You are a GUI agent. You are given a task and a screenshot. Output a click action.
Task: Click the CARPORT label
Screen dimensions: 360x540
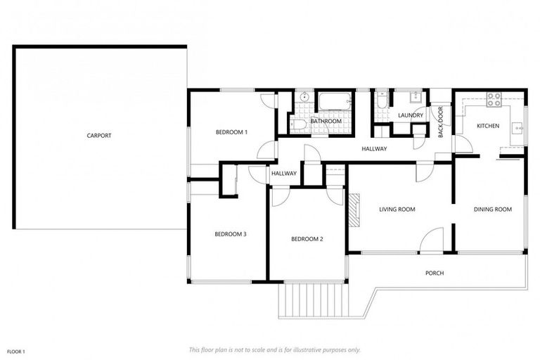click(x=99, y=136)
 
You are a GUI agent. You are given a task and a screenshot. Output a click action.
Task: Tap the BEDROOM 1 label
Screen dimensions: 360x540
click(x=231, y=132)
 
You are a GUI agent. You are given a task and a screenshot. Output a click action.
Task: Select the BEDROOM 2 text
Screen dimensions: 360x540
click(x=307, y=239)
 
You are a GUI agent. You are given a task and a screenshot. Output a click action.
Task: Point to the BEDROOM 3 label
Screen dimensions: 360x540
click(x=230, y=234)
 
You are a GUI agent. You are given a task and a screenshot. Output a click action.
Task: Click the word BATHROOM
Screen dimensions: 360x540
click(x=326, y=122)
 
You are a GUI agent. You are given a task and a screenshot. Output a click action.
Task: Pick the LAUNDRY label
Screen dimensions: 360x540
click(x=410, y=115)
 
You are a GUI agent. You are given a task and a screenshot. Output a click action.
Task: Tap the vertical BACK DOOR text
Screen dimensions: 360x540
click(x=441, y=121)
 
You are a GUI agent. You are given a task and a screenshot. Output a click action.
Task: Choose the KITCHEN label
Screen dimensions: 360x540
click(x=488, y=126)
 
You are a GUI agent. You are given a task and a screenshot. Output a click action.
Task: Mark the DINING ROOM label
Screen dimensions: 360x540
click(x=492, y=209)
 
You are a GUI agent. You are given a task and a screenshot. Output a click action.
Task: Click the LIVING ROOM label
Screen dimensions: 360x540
click(x=397, y=209)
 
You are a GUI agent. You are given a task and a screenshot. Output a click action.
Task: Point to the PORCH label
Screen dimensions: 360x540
click(x=435, y=273)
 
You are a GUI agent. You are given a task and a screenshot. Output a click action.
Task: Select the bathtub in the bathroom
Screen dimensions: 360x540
click(x=333, y=102)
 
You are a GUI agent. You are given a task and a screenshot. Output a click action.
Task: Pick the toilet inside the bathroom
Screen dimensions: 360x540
click(x=297, y=124)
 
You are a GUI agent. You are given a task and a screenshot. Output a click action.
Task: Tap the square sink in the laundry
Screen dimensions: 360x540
click(x=415, y=97)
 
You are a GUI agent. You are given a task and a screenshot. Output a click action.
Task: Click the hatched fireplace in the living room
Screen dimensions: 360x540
click(x=356, y=210)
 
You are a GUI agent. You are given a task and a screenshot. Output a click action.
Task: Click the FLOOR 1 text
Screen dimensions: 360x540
click(x=16, y=350)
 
